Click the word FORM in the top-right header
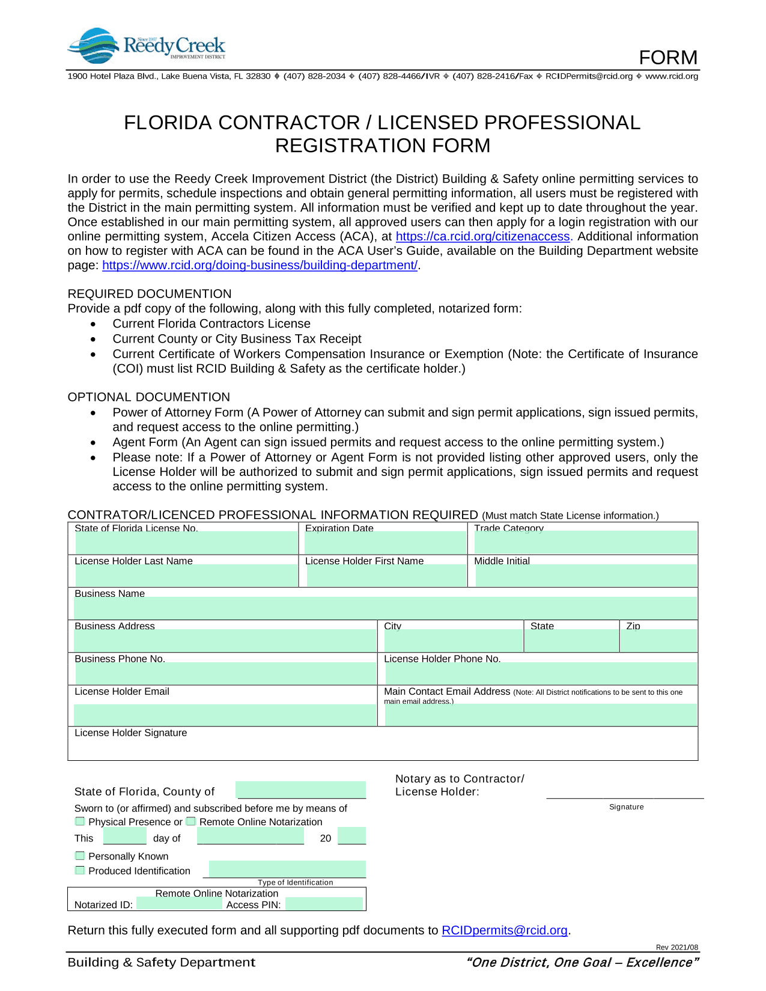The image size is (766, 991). tap(668, 58)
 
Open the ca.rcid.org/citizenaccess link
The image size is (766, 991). tap(482, 237)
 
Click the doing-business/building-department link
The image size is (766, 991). tap(260, 266)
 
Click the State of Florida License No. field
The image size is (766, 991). tap(186, 543)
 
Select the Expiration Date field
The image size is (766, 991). tap(385, 543)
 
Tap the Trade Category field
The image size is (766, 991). tap(585, 543)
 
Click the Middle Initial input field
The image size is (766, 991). tap(586, 576)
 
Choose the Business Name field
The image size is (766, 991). tap(385, 608)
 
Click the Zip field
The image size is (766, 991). tap(659, 641)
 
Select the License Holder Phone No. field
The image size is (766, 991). tap(541, 673)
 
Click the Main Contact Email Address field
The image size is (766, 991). tap(541, 715)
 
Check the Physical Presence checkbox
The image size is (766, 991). tap(80, 822)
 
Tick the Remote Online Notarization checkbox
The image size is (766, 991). tap(191, 822)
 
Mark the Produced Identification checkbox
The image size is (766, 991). tap(80, 870)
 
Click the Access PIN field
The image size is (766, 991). tap(324, 904)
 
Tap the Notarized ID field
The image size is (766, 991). tap(179, 904)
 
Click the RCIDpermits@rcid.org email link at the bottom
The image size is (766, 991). tap(505, 930)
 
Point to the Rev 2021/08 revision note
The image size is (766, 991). tap(677, 948)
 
